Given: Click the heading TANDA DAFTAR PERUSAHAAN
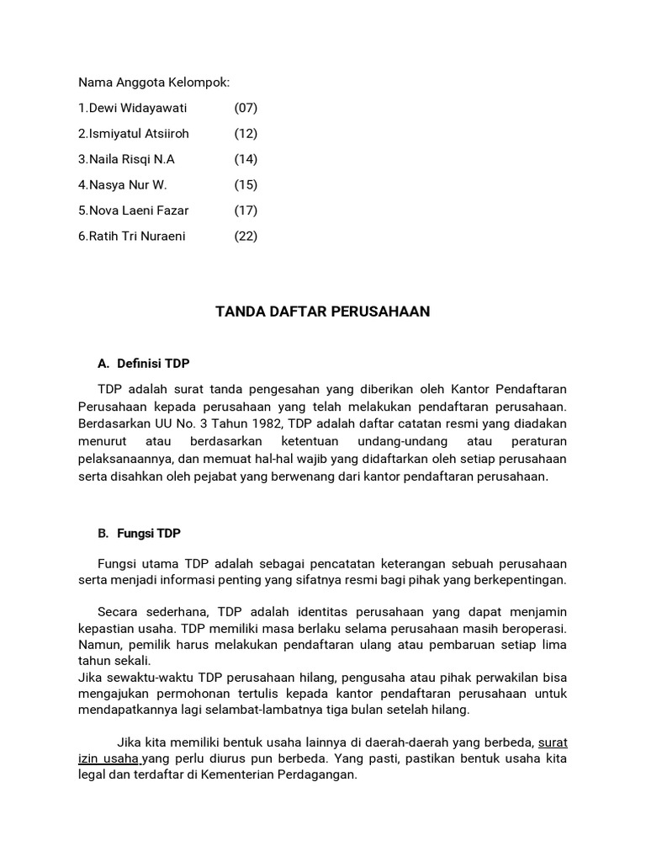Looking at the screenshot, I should (322, 311).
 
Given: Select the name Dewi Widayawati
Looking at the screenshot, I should (138, 108).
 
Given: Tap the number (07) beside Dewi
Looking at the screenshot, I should (246, 108).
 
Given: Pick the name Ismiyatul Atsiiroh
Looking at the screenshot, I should (138, 134).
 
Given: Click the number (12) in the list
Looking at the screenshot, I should (246, 134).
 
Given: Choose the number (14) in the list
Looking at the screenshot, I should (246, 159).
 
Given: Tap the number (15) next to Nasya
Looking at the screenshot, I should (246, 184).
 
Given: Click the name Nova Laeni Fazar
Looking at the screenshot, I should (138, 210).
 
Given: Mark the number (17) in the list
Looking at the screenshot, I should (246, 210).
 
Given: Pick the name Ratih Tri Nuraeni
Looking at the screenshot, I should (136, 236).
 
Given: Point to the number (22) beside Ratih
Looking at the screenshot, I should (246, 236).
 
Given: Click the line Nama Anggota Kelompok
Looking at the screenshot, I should (154, 82).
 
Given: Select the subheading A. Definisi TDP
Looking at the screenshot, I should (144, 364).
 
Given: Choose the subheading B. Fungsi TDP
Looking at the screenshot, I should (139, 534).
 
